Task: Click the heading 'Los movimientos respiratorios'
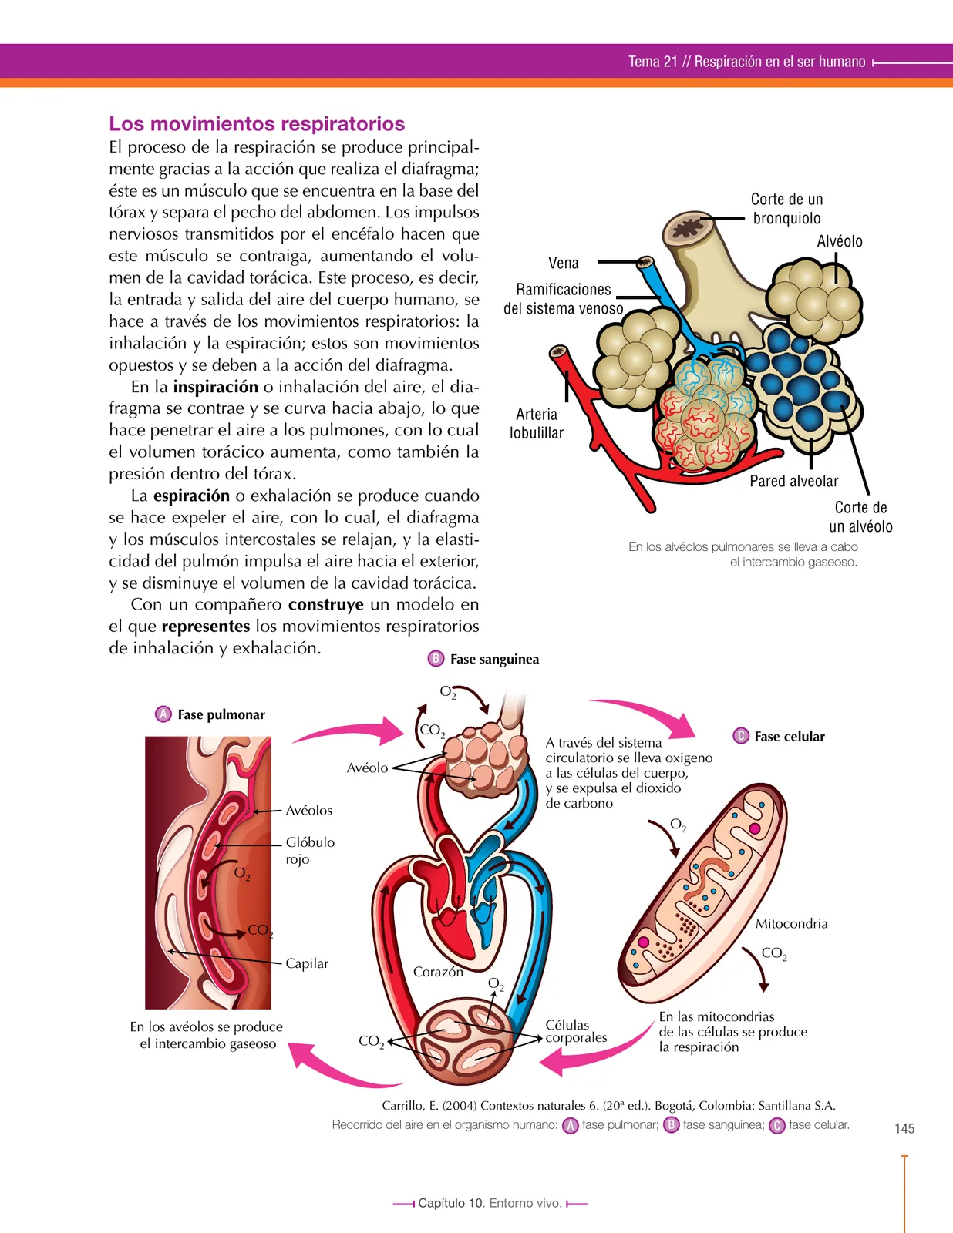coord(257,124)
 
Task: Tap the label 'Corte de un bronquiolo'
coord(786,208)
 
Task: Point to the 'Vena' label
coord(563,263)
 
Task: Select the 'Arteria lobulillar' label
coord(537,423)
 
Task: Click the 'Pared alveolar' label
coord(793,481)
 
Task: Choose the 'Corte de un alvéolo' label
coord(860,517)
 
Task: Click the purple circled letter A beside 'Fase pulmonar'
coord(163,714)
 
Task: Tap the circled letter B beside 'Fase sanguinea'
coord(436,659)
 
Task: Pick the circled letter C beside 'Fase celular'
coord(741,736)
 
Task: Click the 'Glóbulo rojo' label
coord(310,850)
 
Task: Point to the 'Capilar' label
coord(307,963)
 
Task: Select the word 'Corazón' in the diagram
coord(438,972)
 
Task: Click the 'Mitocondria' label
coord(791,923)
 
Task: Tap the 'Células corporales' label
coord(576,1031)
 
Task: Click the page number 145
coord(904,1129)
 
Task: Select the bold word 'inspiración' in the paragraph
coord(216,387)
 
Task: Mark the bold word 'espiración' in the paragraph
coord(191,496)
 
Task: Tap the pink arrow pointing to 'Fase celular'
coord(646,714)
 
